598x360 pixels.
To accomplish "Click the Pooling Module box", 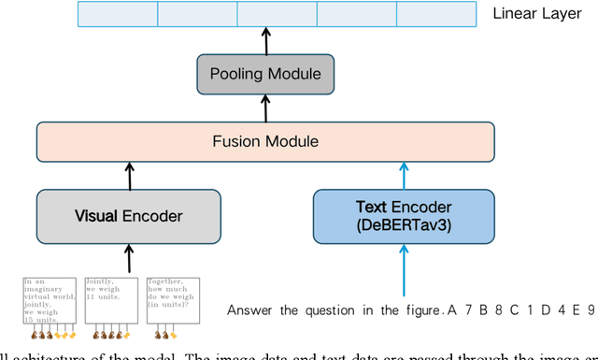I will (264, 74).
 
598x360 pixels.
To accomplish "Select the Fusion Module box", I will (264, 142).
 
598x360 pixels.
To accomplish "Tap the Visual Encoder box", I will (129, 216).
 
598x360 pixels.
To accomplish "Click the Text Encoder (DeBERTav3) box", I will (404, 216).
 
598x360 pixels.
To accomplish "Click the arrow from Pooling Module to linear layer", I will (264, 40).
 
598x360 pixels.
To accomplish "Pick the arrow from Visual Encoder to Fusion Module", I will (130, 174).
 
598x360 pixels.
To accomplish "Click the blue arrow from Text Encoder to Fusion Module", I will (404, 174).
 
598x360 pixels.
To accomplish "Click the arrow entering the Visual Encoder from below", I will (130, 258).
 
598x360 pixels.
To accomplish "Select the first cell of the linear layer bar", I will (117, 14).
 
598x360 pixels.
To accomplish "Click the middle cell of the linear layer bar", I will (277, 14).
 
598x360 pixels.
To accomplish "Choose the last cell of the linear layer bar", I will (436, 14).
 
